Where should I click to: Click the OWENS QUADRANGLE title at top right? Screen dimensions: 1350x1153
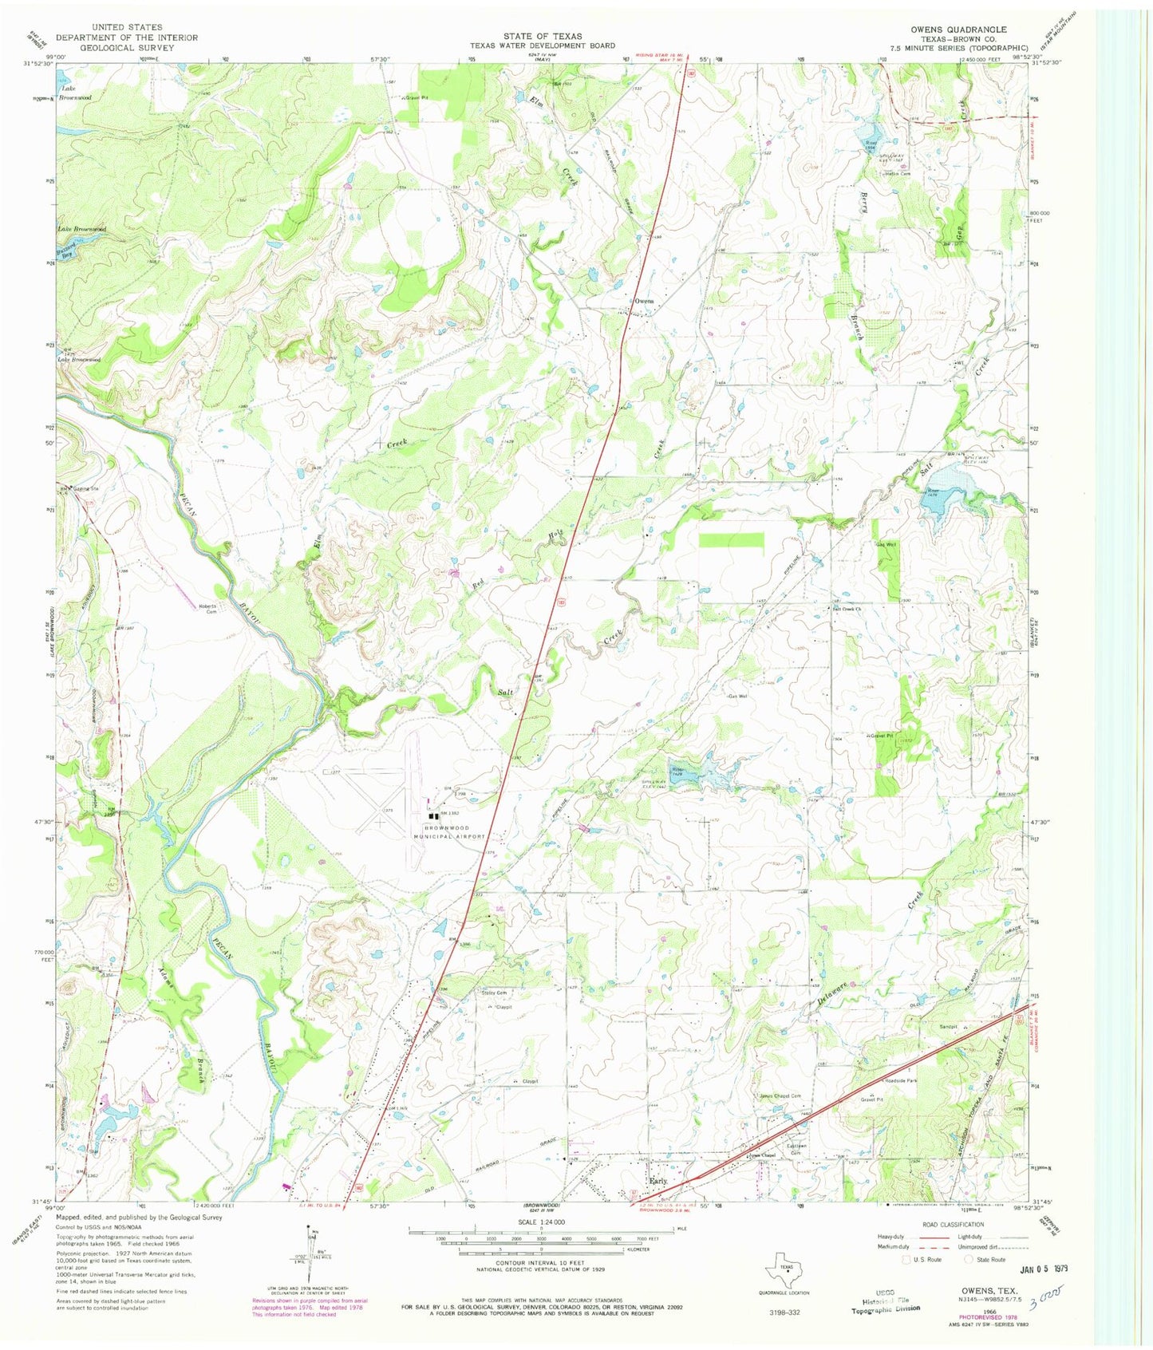coord(958,30)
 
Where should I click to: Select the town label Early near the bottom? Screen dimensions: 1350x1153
coord(657,1180)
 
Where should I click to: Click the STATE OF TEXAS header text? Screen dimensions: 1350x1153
coord(542,36)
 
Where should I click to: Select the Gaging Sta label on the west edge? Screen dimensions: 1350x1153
coord(83,488)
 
